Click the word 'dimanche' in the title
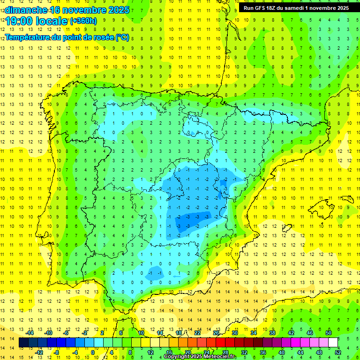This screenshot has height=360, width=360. click(23, 10)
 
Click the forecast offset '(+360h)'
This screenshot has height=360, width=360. click(83, 21)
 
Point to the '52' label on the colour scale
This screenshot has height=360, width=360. click(337, 352)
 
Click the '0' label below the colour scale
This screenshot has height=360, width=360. click(93, 352)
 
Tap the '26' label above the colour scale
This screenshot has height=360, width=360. click(216, 333)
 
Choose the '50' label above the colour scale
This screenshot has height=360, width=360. click(329, 333)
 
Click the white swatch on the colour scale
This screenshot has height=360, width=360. click(333, 343)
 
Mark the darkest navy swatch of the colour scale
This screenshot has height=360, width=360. click(23, 343)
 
